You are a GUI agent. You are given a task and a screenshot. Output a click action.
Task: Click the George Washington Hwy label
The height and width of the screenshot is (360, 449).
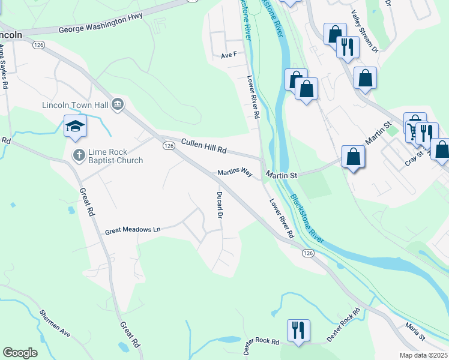tap(100, 25)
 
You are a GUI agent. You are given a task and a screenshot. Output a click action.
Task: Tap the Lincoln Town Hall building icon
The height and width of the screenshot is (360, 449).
tap(118, 105)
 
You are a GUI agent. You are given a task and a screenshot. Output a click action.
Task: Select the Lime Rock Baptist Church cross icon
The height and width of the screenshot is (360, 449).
tap(78, 155)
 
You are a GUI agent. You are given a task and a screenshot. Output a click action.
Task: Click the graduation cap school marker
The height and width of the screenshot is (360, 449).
tap(76, 126)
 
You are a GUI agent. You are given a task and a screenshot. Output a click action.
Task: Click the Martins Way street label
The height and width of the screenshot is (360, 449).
tap(235, 173)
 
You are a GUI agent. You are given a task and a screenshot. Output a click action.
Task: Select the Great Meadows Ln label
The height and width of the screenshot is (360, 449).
tap(133, 230)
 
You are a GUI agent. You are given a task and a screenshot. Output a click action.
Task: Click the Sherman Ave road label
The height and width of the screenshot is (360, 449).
tap(55, 322)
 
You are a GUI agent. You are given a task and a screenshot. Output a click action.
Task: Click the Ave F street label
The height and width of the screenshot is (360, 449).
tap(229, 55)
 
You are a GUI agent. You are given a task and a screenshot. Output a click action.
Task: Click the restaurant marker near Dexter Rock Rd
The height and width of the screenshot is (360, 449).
tap(298, 329)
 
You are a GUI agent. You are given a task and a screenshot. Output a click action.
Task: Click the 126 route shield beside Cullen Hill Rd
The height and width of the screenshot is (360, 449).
tap(169, 146)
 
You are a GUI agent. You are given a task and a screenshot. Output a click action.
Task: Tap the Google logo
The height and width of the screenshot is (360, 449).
tap(20, 352)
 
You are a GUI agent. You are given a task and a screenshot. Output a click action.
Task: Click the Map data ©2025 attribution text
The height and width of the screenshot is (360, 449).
tap(423, 355)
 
